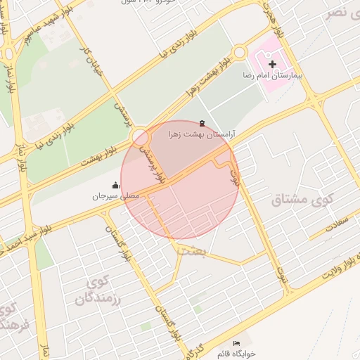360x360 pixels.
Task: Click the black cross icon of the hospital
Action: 272,64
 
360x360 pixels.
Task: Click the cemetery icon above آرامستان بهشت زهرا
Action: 202,122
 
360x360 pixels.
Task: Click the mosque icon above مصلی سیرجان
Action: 115,186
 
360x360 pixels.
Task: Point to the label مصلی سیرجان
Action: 116,196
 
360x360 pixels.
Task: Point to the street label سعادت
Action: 337,222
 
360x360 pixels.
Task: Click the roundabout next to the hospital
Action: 240,52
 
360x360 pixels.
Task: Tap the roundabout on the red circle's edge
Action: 139,136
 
